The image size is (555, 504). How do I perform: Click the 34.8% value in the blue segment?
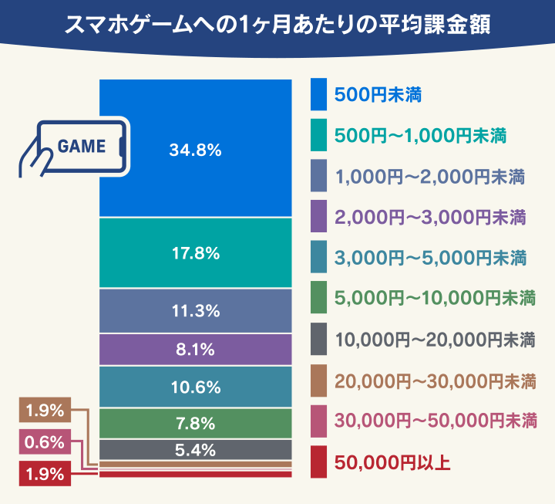click(x=195, y=150)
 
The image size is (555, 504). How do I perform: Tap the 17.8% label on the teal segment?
click(x=196, y=253)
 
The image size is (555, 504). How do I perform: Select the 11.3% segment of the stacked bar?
click(x=195, y=311)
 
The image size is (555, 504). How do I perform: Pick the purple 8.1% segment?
click(x=195, y=350)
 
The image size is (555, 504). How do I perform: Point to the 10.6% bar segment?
click(x=195, y=387)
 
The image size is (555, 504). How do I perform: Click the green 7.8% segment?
click(x=195, y=424)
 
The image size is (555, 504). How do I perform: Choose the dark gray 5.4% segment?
click(x=195, y=450)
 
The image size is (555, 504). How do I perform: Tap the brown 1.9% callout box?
click(x=45, y=410)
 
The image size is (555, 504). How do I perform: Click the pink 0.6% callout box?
click(x=45, y=441)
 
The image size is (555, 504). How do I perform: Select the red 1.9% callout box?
click(x=45, y=474)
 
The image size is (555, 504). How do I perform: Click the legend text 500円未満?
click(x=378, y=95)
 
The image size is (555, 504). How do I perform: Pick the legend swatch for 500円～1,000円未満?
click(x=318, y=135)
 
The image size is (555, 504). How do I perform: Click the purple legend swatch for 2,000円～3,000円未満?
click(x=318, y=216)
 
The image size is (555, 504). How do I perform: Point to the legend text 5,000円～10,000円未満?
click(x=435, y=298)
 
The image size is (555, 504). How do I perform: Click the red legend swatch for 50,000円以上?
click(x=318, y=462)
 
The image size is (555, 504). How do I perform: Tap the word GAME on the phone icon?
click(x=82, y=147)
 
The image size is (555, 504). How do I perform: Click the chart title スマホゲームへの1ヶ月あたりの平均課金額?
click(x=277, y=25)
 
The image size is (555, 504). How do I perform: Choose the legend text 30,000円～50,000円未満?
click(x=436, y=421)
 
